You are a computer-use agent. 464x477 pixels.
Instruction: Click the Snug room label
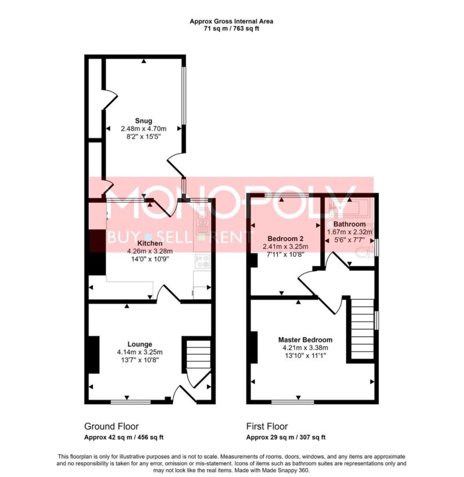pos(144,121)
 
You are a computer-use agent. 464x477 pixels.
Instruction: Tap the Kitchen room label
pos(150,243)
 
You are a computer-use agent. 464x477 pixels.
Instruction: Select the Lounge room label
pos(140,344)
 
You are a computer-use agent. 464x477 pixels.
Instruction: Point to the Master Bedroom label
pos(305,340)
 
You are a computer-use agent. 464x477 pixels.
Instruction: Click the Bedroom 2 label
pos(285,239)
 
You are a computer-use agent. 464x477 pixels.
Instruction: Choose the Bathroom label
pos(350,224)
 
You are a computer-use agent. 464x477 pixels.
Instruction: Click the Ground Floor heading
pos(111,426)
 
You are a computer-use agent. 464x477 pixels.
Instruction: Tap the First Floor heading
pos(267,426)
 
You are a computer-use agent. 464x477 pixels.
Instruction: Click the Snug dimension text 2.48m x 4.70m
pos(144,129)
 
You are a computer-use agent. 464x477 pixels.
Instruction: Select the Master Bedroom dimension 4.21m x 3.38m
pos(305,348)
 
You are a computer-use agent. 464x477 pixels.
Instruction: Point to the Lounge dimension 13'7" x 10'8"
pos(140,360)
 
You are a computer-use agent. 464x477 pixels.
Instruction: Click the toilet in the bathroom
pos(364,252)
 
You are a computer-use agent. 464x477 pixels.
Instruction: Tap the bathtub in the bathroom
pos(349,208)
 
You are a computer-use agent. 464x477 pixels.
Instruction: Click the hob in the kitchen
pos(202,261)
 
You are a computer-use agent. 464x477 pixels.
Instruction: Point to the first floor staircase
pos(362,329)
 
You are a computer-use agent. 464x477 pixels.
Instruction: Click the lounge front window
pos(130,402)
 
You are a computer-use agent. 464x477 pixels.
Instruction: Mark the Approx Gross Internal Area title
pos(231,21)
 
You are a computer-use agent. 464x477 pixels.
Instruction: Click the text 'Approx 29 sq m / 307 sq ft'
pos(285,438)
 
